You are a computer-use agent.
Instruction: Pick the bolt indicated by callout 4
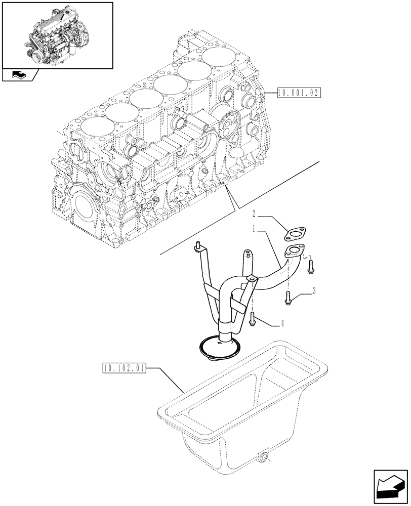click(x=252, y=317)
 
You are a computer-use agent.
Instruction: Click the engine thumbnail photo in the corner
click(x=57, y=35)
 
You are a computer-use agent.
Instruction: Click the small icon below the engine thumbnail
click(x=20, y=75)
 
